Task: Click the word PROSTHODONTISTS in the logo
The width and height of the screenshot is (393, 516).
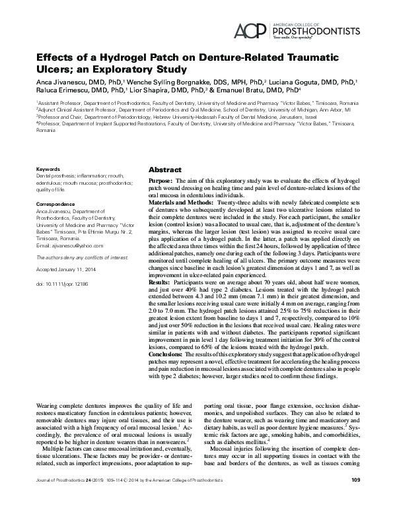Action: click(x=319, y=30)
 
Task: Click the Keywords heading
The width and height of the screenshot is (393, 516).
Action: click(x=50, y=169)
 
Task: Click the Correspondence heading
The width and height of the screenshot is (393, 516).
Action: click(x=58, y=205)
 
